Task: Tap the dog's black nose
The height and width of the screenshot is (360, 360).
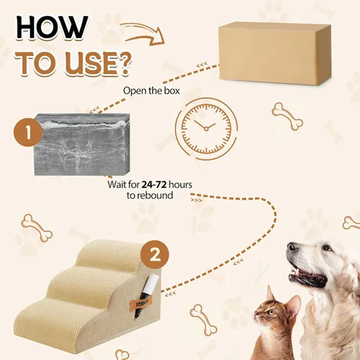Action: (291, 246)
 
